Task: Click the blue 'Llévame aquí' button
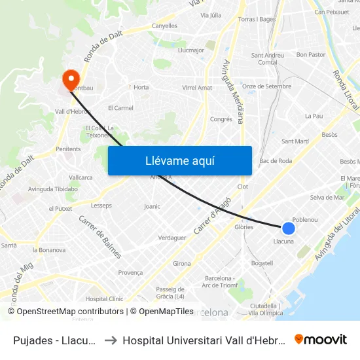click(179, 160)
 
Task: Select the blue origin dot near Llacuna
click(288, 228)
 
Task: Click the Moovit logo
click(321, 340)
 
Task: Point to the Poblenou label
click(304, 219)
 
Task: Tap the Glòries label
click(243, 227)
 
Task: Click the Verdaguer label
click(173, 238)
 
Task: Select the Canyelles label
click(164, 26)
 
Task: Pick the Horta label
click(141, 87)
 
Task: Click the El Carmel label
click(120, 108)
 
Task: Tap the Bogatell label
click(262, 263)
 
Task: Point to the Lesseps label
click(101, 206)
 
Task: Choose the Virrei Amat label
click(197, 88)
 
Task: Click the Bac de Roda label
click(276, 160)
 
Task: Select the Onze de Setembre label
click(266, 86)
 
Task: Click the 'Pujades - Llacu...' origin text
click(55, 340)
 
